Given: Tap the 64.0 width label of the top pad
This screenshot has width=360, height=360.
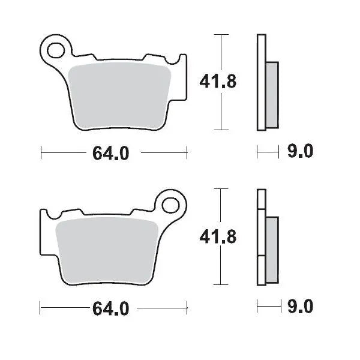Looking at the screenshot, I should click(111, 154).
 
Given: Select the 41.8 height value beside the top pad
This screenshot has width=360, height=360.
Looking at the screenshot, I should click(217, 82).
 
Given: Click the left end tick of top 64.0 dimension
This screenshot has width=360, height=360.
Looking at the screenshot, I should click(41, 154).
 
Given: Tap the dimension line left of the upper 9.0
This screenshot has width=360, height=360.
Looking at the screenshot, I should click(268, 154).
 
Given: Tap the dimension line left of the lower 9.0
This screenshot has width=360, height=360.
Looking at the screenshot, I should click(268, 308).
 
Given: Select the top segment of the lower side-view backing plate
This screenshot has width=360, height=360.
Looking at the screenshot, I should click(260, 199).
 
